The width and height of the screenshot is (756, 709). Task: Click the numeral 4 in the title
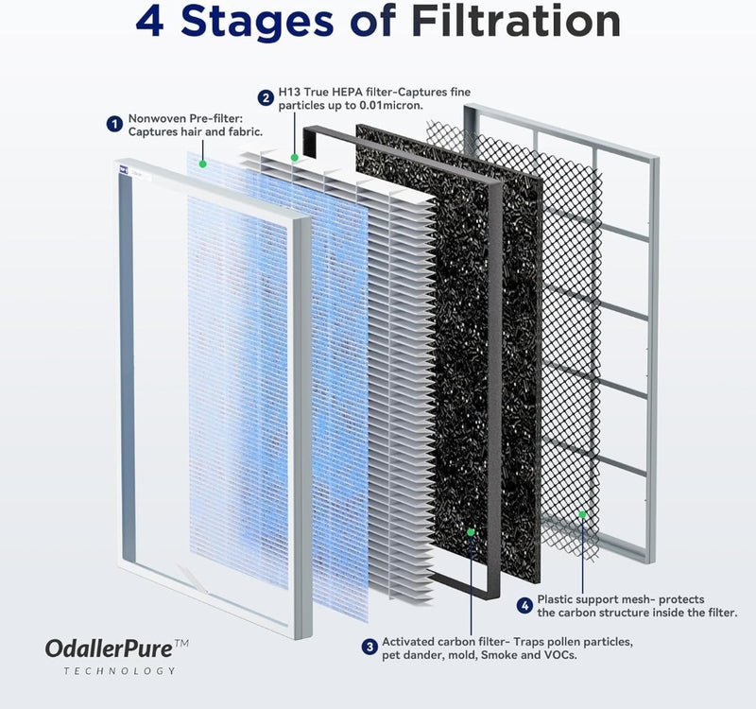click(x=150, y=21)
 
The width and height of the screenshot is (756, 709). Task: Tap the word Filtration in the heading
click(x=516, y=21)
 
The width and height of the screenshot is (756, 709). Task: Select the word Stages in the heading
click(x=257, y=22)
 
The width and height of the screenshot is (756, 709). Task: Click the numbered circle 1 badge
click(x=114, y=125)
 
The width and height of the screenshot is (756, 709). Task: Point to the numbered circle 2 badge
click(x=266, y=98)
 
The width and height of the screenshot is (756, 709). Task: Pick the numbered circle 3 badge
click(x=369, y=647)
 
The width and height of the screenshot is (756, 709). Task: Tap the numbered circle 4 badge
click(x=525, y=605)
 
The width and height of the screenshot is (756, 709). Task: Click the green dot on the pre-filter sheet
click(x=203, y=164)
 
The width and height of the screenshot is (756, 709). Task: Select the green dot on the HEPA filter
click(x=295, y=157)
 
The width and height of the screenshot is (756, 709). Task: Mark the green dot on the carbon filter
click(x=471, y=532)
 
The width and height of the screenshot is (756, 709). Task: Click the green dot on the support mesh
click(x=582, y=514)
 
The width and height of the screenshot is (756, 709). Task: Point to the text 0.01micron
click(x=391, y=105)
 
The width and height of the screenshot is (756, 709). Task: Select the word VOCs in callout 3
click(x=560, y=655)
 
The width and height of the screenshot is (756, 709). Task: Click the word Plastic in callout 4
click(x=555, y=599)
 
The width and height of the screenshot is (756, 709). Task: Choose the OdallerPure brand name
click(x=109, y=649)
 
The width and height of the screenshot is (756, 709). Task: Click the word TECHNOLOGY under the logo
click(x=120, y=671)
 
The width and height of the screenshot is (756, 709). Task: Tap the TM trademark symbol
click(x=181, y=644)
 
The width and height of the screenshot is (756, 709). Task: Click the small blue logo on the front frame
click(x=125, y=169)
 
